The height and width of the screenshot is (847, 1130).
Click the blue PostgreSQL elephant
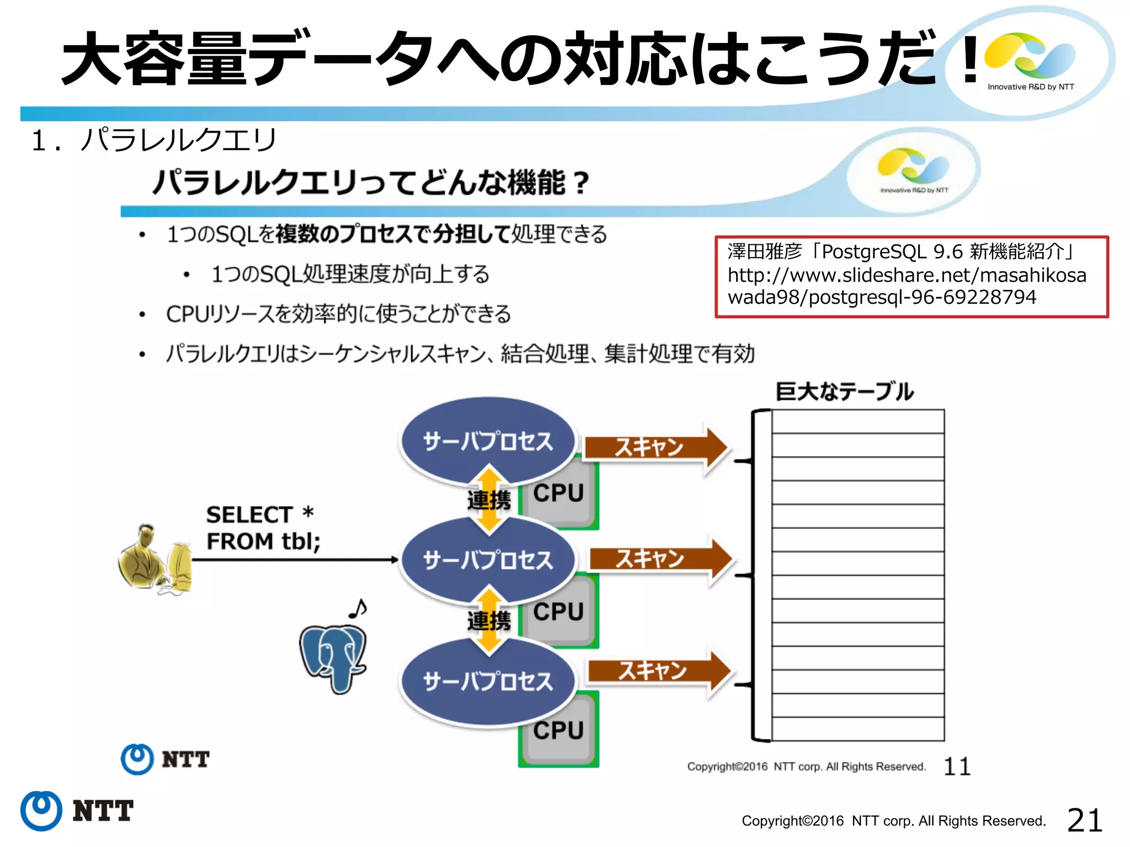pos(333,656)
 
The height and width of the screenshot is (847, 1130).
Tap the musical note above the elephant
pos(358,609)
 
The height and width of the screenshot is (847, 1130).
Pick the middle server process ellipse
pos(488,560)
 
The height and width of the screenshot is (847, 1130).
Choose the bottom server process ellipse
pos(488,681)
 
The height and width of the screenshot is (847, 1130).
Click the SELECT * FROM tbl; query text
pos(263,528)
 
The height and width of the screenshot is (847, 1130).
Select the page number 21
pos(1084,820)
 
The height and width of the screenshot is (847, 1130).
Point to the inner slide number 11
pos(957,766)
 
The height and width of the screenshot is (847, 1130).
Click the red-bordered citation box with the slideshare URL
pos(911,276)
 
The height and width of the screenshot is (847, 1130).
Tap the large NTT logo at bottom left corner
pos(77,811)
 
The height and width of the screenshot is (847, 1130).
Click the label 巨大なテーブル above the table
pos(844,392)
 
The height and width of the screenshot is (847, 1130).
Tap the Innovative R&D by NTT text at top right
pos(1031,87)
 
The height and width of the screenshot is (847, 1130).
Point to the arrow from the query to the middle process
pos(295,560)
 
